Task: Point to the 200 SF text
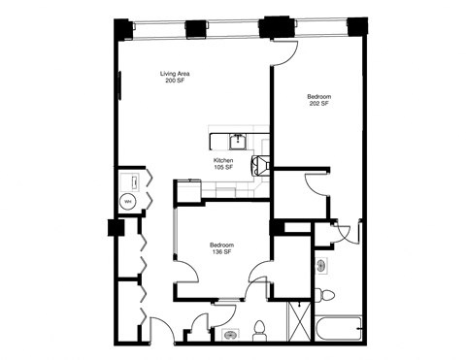(175, 82)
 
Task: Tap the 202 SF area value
(319, 104)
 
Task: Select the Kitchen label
(223, 160)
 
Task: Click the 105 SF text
(223, 168)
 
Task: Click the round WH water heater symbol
(127, 202)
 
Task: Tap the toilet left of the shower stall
(260, 331)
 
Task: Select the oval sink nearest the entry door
(230, 335)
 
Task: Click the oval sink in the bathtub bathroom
(321, 265)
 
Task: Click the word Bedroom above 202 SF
(319, 96)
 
